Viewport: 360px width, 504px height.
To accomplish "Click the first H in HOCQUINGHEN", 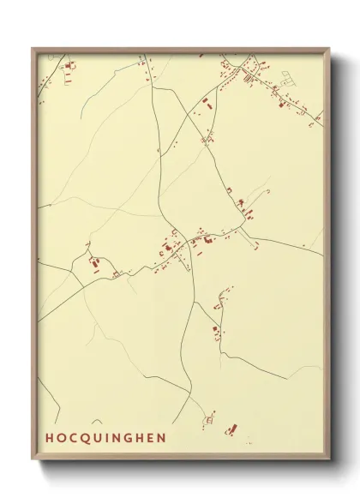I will click(50, 438).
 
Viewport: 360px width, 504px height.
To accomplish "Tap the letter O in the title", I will click(62, 438).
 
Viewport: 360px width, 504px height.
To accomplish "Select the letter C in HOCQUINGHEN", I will click(74, 438).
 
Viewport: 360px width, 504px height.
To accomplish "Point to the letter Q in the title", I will click(87, 438).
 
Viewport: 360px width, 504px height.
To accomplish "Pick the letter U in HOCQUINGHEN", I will click(99, 438).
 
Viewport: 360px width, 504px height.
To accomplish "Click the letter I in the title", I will click(109, 438).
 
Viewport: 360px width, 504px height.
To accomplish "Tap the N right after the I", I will click(118, 438).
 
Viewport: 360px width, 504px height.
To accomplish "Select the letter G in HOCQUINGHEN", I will click(131, 438).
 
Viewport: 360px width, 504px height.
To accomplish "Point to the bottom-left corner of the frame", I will click(33, 461).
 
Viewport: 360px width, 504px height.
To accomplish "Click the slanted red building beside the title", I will click(230, 429).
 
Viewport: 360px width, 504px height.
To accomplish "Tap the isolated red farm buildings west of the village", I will click(93, 263).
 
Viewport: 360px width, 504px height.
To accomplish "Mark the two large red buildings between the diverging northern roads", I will click(206, 105).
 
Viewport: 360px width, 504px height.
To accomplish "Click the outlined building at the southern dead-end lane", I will click(207, 420).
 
